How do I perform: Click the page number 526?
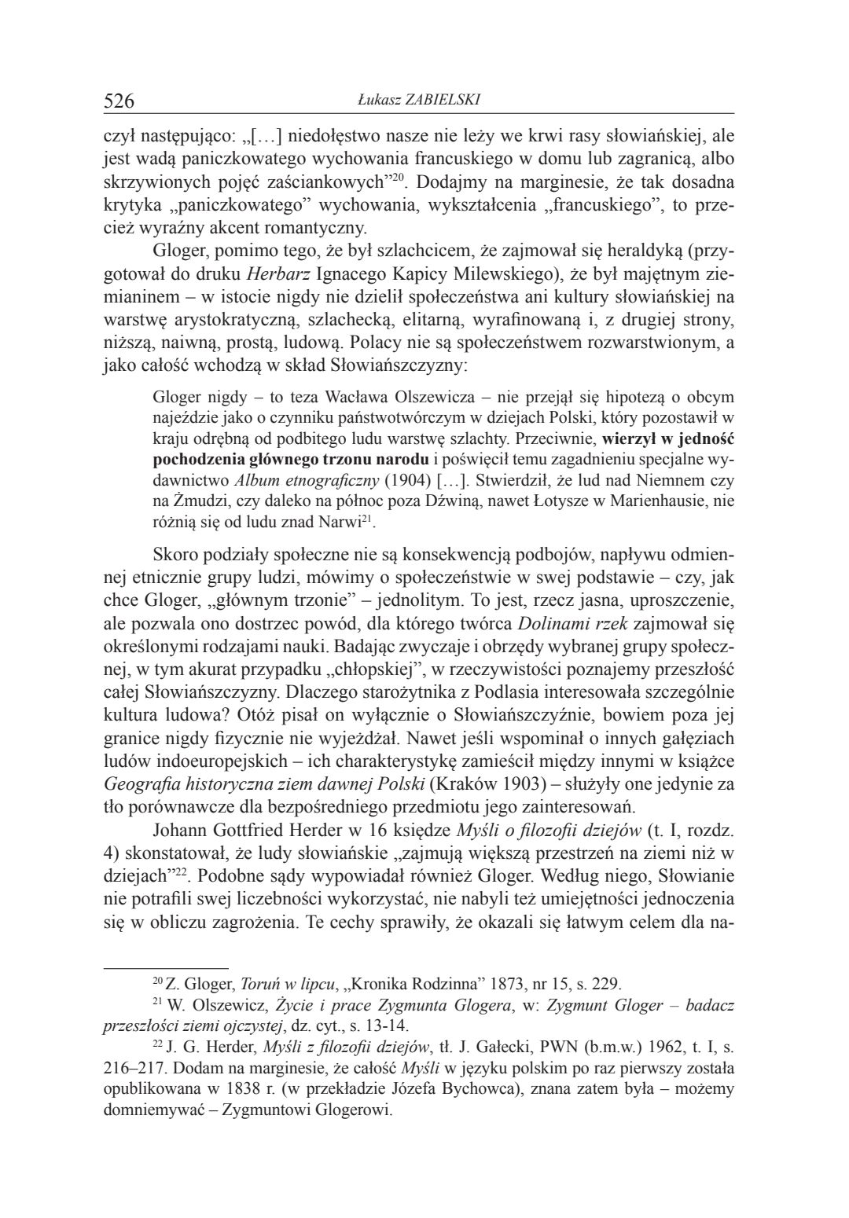click(x=119, y=101)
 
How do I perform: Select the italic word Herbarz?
click(x=272, y=275)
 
